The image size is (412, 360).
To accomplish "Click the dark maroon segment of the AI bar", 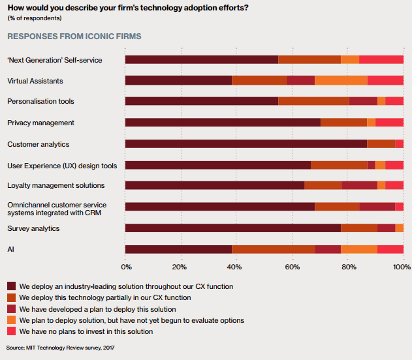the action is (x=179, y=249).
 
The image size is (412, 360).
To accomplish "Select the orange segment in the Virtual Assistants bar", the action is (x=341, y=80).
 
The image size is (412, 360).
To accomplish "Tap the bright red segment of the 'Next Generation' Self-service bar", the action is (x=381, y=59).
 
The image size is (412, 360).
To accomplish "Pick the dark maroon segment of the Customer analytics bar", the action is (x=246, y=143).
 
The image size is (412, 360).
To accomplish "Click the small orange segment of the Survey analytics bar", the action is (x=400, y=228).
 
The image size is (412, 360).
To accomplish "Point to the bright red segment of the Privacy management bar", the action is (x=389, y=122).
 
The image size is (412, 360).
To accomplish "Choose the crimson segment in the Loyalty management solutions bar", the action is (x=359, y=185).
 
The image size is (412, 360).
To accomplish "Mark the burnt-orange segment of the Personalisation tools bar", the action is (x=313, y=101).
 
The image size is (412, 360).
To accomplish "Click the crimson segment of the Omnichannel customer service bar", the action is (x=377, y=207).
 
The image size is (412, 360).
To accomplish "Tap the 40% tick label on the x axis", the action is (x=234, y=267).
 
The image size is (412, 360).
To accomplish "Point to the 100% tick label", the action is (x=402, y=267).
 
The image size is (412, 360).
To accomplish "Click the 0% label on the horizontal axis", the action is (x=127, y=267).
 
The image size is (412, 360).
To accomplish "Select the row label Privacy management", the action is (x=40, y=123).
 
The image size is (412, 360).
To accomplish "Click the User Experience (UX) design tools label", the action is (x=62, y=166).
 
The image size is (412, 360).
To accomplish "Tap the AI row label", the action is (x=10, y=249).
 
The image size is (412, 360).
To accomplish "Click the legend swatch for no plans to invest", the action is (x=12, y=331).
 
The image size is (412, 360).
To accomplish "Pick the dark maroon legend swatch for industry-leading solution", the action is (x=12, y=286).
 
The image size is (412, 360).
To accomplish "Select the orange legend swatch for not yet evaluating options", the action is (x=12, y=320).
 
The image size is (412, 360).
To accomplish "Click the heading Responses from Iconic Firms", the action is (x=74, y=37).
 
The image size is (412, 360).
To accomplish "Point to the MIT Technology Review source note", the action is (x=61, y=348).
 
